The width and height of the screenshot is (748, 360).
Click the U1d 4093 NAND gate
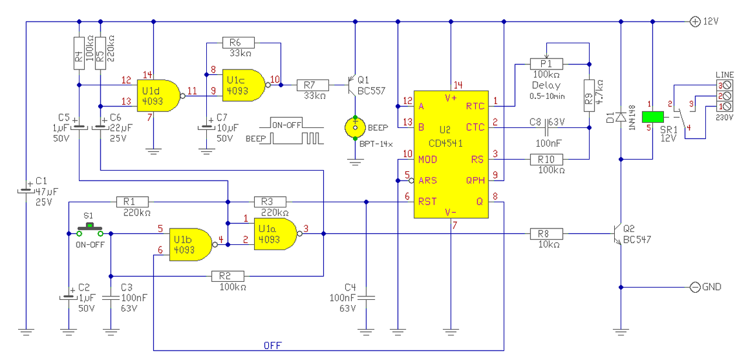(x=158, y=95)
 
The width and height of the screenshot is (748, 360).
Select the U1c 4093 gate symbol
(x=244, y=85)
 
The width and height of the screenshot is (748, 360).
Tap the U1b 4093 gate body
(x=191, y=245)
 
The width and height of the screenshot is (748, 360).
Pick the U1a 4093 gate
(x=276, y=234)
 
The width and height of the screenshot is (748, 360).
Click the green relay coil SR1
(x=653, y=117)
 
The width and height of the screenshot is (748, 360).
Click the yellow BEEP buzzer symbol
(x=355, y=127)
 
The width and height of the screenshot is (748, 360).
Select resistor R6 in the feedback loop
(x=238, y=43)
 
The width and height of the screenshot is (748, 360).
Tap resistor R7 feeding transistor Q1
(x=313, y=85)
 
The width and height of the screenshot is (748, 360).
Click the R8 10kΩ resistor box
(x=546, y=234)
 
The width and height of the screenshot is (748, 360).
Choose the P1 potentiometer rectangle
(x=546, y=64)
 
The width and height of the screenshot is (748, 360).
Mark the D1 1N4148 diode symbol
(x=621, y=117)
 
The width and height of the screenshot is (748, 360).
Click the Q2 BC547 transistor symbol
(x=618, y=234)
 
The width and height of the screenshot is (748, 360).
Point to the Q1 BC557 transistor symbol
(x=352, y=85)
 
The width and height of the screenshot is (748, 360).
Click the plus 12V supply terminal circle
(x=695, y=22)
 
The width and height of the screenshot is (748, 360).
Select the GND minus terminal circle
(x=695, y=287)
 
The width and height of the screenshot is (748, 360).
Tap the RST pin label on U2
(x=427, y=202)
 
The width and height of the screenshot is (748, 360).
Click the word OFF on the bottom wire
(x=272, y=345)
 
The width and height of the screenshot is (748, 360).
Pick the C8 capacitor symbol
(x=546, y=127)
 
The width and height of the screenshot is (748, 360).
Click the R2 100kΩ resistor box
(x=228, y=276)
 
